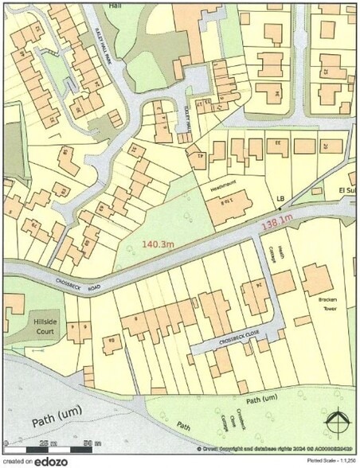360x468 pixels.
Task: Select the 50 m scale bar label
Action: pyautogui.click(x=88, y=443)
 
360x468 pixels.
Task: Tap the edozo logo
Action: pyautogui.click(x=50, y=461)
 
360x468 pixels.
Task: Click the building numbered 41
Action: pyautogui.click(x=198, y=157)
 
